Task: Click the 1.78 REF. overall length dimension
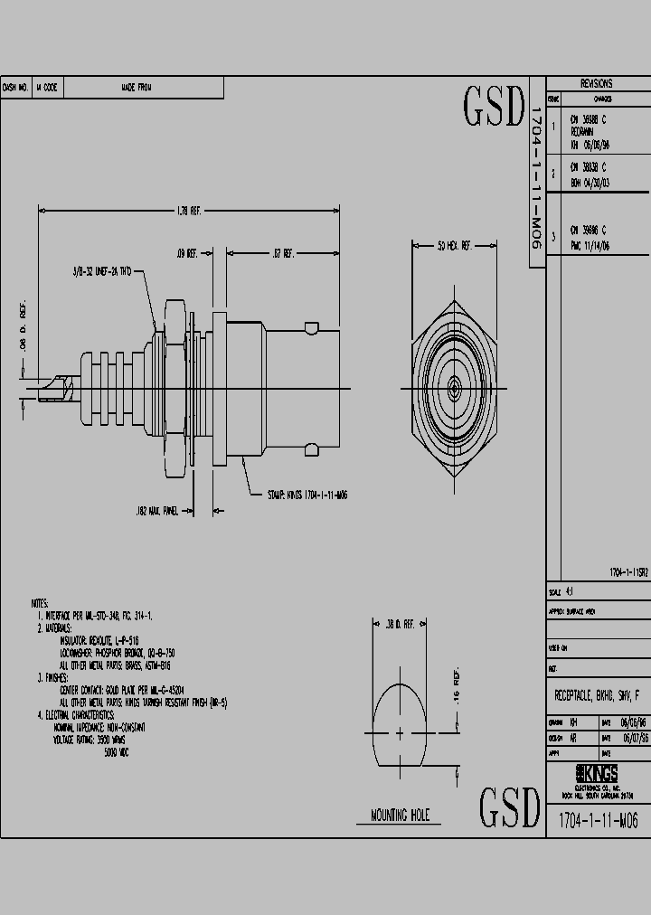tap(188, 211)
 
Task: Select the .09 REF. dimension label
tap(187, 255)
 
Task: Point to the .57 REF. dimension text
tap(283, 255)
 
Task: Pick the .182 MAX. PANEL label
tap(157, 511)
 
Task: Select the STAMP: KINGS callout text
tap(308, 495)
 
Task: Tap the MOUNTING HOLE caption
tap(401, 815)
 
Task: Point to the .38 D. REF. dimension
tap(400, 624)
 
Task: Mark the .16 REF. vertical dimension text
tap(456, 689)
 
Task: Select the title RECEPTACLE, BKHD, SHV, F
tap(598, 695)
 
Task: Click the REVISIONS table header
tap(597, 83)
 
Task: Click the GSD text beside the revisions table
tap(494, 108)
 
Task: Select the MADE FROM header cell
tap(137, 88)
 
